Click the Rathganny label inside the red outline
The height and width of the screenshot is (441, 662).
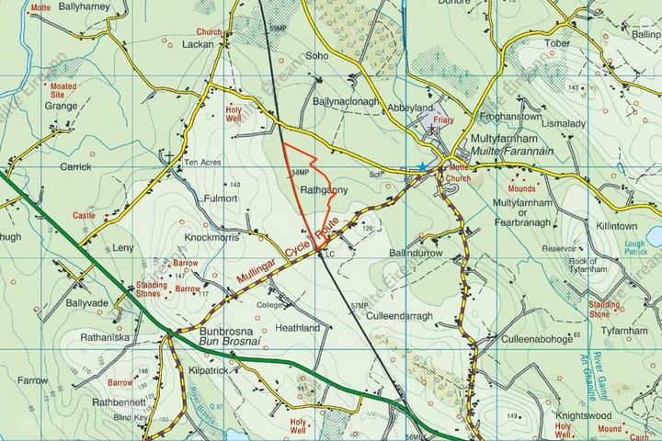click(x=322, y=189)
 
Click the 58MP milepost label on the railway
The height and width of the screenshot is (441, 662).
click(x=300, y=173)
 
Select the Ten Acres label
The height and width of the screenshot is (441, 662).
click(x=204, y=163)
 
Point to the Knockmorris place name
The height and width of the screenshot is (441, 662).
click(x=213, y=236)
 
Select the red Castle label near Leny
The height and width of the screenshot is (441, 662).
click(x=84, y=215)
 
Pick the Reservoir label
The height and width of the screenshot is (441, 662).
click(x=559, y=248)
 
